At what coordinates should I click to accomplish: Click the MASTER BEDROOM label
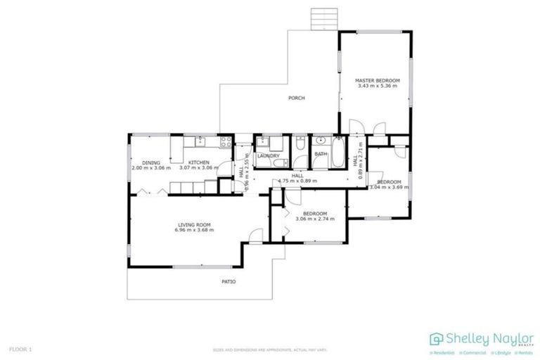[x=377, y=81]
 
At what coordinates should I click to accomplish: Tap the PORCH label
[x=297, y=98]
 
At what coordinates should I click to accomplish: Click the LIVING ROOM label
[x=193, y=225]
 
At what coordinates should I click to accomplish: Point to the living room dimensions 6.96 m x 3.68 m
[x=193, y=231]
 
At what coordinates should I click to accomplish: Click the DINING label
[x=151, y=162]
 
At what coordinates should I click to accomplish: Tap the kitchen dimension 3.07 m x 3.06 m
[x=198, y=168]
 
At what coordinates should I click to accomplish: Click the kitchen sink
[x=200, y=141]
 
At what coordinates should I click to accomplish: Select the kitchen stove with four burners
[x=226, y=141]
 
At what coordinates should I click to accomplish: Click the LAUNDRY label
[x=268, y=156]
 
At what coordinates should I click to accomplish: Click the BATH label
[x=321, y=154]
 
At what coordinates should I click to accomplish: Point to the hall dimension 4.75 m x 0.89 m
[x=297, y=181]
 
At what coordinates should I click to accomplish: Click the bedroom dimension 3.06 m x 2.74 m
[x=314, y=219]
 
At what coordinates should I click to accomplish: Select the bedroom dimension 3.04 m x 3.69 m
[x=387, y=187]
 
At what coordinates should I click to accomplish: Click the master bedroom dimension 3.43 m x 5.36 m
[x=377, y=86]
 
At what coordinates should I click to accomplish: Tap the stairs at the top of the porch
[x=319, y=17]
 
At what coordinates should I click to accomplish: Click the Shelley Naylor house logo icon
[x=437, y=338]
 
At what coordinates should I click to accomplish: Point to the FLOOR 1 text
[x=20, y=349]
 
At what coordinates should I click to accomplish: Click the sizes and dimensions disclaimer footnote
[x=270, y=349]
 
